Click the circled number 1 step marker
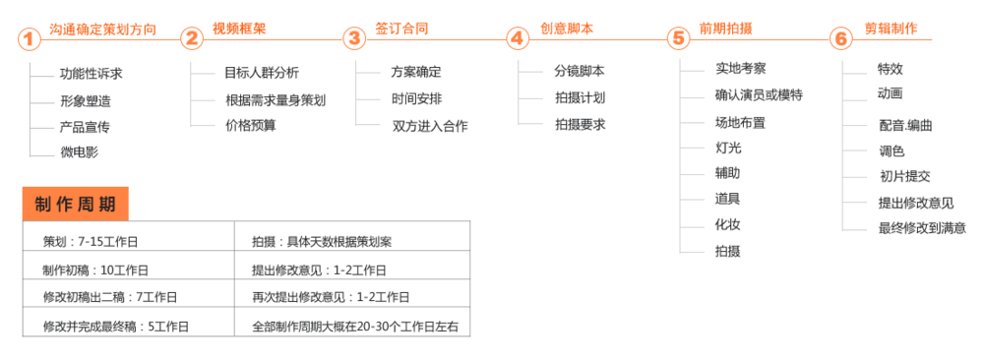tap(30, 39)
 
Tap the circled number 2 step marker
tap(192, 39)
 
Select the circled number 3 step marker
tap(354, 39)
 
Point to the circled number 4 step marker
tap(518, 39)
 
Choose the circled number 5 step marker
tap(679, 39)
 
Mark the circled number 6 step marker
tap(840, 39)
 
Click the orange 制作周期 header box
tap(75, 204)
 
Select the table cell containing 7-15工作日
tap(128, 241)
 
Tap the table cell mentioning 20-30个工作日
tap(354, 326)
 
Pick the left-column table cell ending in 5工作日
tap(128, 326)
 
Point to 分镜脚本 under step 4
tap(580, 72)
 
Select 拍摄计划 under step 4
tap(580, 98)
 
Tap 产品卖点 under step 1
tap(85, 127)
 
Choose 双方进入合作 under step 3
tap(430, 125)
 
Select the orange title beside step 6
tap(891, 29)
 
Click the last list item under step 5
tap(727, 251)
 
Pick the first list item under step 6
tap(890, 69)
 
